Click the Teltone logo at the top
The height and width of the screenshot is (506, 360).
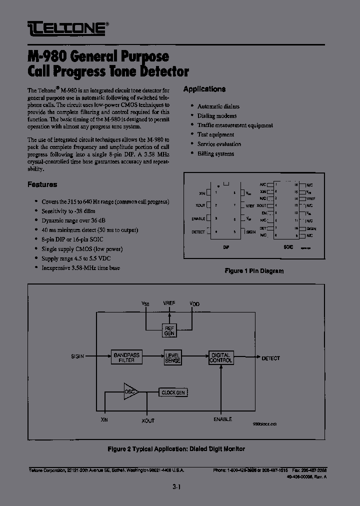pos(67,27)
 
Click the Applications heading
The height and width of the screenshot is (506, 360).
pos(204,89)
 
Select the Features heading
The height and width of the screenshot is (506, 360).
pos(42,184)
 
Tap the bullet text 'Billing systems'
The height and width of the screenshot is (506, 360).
pos(215,153)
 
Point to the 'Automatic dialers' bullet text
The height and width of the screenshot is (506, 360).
pos(218,106)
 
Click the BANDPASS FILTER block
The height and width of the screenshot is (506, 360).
pos(126,357)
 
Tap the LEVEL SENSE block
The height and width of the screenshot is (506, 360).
pos(173,357)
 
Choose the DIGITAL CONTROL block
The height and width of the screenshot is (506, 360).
pos(220,357)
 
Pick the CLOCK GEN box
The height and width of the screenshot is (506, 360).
pos(173,392)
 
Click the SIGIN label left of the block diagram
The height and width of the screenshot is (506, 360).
pos(77,356)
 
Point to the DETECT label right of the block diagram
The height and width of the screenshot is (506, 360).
pos(270,358)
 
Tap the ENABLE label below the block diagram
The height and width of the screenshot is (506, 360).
pos(222,419)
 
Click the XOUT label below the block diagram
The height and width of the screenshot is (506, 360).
pos(148,420)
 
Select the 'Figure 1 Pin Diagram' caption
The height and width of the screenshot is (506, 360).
pos(254,271)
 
